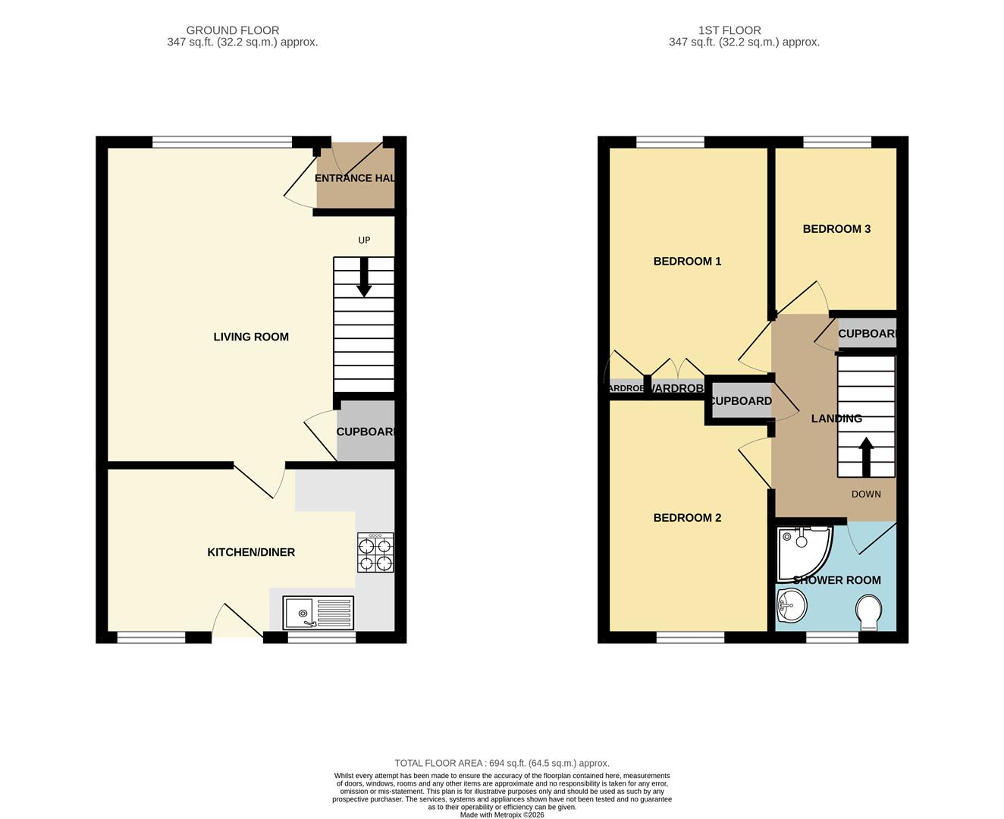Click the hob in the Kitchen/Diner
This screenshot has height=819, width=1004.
(x=375, y=553)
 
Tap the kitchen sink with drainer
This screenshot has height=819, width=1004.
(x=318, y=613)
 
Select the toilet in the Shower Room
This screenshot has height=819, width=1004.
(x=869, y=612)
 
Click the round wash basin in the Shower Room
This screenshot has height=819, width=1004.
(x=791, y=606)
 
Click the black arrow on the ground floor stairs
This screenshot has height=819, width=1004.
(x=364, y=278)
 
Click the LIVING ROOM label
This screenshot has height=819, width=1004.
(x=251, y=337)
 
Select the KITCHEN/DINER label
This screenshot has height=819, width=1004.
(x=251, y=552)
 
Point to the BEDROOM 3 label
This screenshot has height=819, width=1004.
(x=836, y=229)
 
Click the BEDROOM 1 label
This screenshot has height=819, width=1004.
(x=687, y=261)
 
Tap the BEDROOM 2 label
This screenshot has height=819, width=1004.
(x=687, y=518)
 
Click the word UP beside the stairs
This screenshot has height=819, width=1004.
(x=364, y=240)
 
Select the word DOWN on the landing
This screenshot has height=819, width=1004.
(x=866, y=494)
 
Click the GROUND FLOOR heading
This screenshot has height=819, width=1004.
(x=233, y=30)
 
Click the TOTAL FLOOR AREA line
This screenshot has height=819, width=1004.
(x=502, y=763)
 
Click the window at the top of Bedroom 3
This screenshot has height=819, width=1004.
(x=837, y=142)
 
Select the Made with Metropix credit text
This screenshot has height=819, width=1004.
(x=502, y=814)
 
